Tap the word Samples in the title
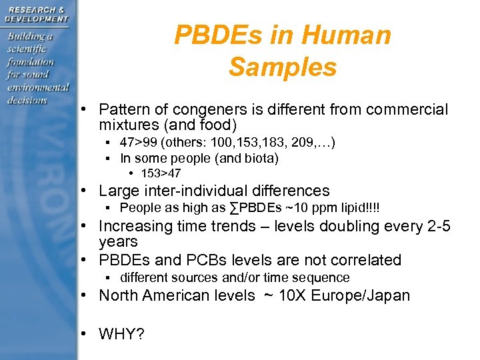[283, 67]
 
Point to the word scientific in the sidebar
[27, 49]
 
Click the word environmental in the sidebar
[38, 87]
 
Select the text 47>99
[137, 142]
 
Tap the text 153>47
[160, 173]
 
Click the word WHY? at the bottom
[121, 334]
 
